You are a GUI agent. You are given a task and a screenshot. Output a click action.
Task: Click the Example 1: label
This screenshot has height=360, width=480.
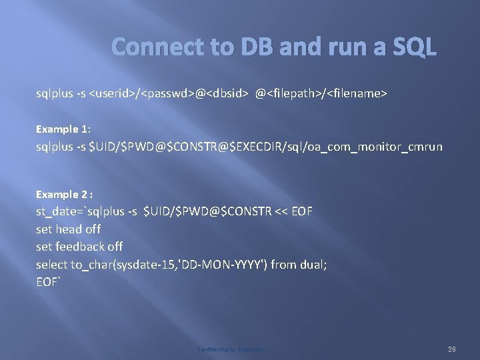click(63, 127)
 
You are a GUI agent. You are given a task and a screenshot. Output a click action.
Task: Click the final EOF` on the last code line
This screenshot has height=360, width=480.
click(49, 281)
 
